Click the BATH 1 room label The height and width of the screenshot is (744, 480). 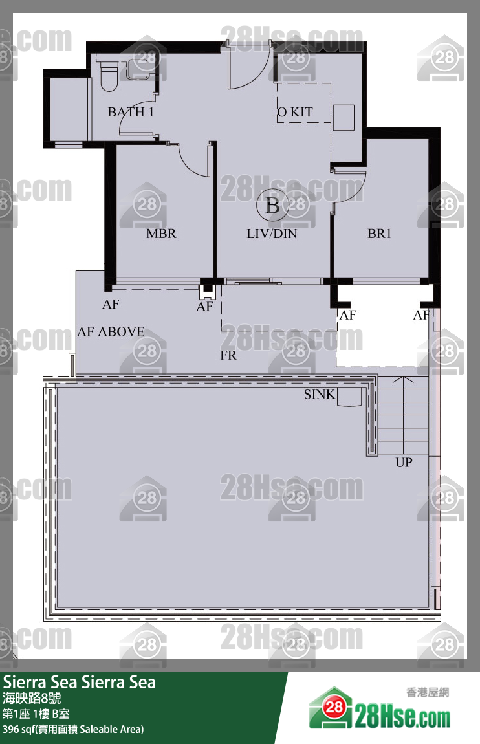(131, 112)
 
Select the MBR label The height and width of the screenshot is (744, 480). (161, 234)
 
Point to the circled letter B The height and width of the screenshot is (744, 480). (272, 206)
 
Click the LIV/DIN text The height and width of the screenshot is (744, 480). (272, 234)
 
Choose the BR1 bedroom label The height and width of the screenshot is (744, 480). (380, 234)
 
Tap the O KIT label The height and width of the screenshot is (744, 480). (295, 112)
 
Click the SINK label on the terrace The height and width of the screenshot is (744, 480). (319, 394)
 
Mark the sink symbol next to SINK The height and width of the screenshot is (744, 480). (349, 397)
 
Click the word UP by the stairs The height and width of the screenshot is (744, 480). (404, 462)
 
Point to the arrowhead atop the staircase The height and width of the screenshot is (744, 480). (402, 380)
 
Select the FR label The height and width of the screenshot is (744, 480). (228, 355)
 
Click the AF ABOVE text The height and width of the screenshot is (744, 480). (111, 332)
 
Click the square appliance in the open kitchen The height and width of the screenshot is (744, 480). (344, 118)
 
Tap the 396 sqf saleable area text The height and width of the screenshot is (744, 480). (73, 729)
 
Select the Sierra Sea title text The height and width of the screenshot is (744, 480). (79, 683)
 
